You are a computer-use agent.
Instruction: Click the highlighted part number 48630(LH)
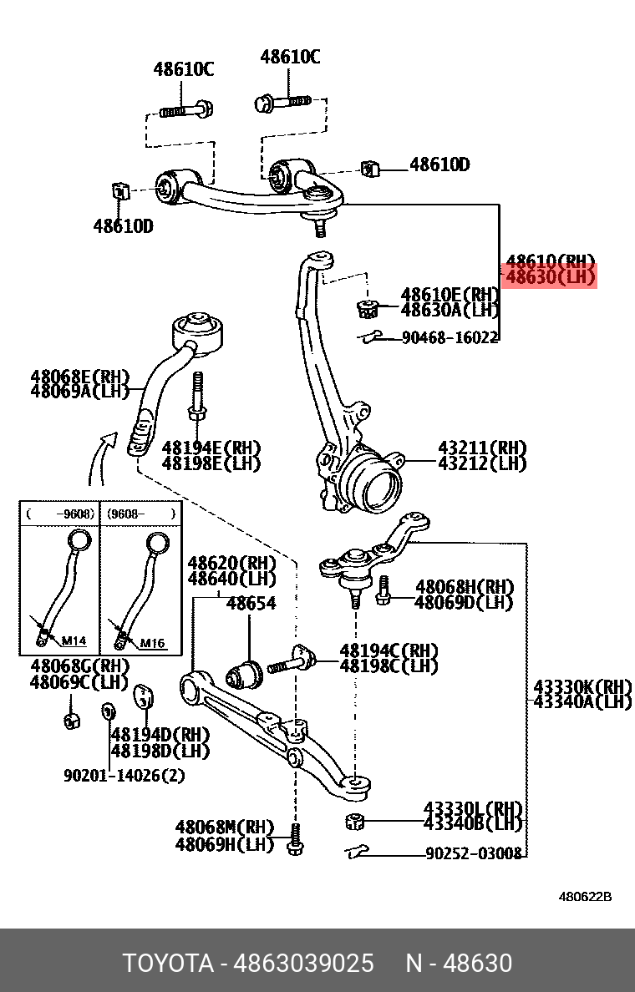[x=550, y=276]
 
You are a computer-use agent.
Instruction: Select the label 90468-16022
[x=450, y=338]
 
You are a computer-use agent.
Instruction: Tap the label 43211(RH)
[x=482, y=448]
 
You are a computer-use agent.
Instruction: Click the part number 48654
[x=251, y=603]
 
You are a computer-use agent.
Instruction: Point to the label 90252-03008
[x=473, y=853]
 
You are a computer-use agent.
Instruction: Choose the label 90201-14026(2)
[x=124, y=775]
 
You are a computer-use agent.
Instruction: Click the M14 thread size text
[x=74, y=641]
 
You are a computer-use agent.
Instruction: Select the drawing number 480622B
[x=585, y=897]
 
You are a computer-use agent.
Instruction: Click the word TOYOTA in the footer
[x=169, y=963]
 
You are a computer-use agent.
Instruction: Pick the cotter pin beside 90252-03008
[x=358, y=852]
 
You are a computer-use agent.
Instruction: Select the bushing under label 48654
[x=246, y=671]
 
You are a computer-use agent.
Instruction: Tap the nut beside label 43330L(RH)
[x=354, y=821]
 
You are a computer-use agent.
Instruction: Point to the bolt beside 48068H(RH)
[x=384, y=591]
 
